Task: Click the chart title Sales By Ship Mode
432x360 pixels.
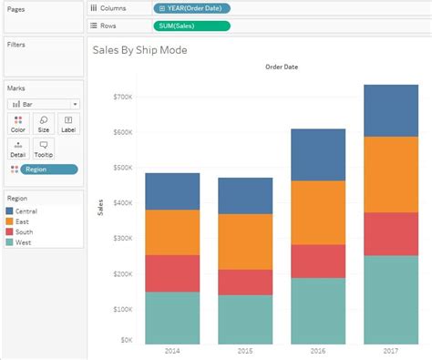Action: [139, 50]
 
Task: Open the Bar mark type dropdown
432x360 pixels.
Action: [44, 105]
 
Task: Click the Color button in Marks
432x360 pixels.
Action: [19, 125]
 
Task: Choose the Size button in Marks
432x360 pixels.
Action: [43, 125]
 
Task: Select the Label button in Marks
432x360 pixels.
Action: [67, 125]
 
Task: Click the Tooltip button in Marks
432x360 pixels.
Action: [43, 149]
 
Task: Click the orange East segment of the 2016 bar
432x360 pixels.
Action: [318, 212]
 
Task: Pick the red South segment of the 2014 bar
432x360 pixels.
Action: [171, 273]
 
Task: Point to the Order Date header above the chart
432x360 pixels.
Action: [281, 67]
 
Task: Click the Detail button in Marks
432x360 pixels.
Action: [19, 149]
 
